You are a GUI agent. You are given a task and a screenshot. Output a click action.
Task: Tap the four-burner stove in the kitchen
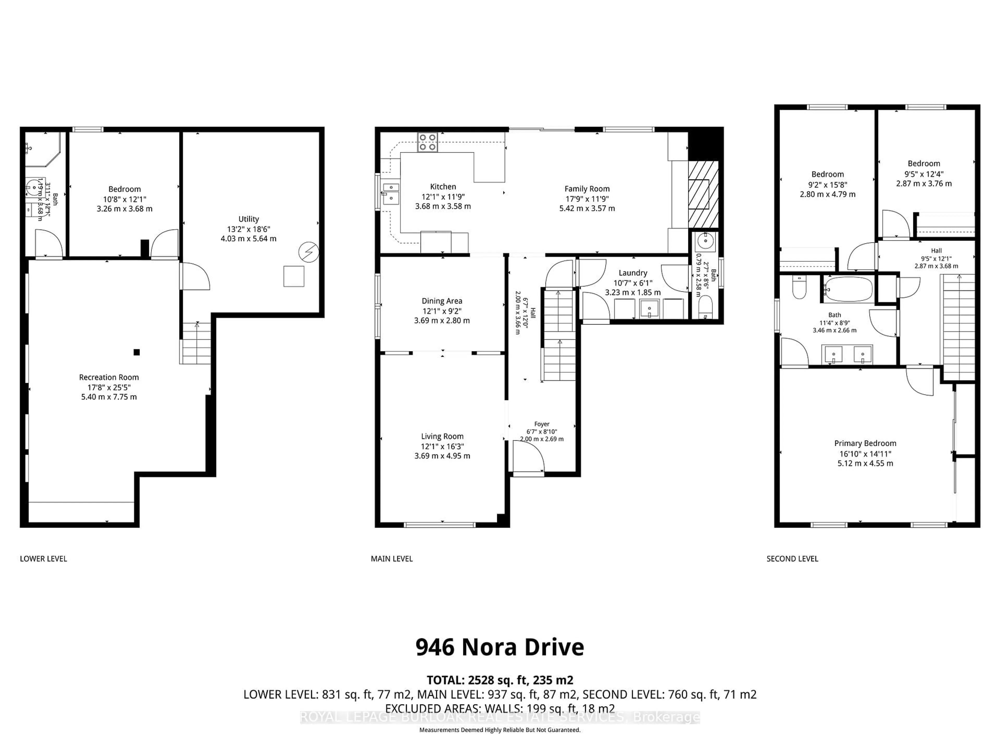(427, 142)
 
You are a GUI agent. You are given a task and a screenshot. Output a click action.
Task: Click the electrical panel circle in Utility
(309, 252)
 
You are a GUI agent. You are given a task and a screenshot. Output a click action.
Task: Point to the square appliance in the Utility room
(293, 276)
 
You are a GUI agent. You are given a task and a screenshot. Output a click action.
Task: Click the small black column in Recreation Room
(136, 352)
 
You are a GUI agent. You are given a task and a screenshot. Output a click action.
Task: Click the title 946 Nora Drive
(499, 647)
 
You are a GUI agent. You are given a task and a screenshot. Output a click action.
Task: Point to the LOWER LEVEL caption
(43, 559)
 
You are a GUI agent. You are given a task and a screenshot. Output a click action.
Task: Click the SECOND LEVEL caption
(792, 559)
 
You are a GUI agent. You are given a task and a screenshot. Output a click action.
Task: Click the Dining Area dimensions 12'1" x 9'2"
(442, 311)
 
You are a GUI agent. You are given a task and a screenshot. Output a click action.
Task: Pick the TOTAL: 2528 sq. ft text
(499, 680)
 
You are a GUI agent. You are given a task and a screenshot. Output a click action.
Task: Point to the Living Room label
(442, 436)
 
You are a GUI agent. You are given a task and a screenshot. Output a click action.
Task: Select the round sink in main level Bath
(705, 241)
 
